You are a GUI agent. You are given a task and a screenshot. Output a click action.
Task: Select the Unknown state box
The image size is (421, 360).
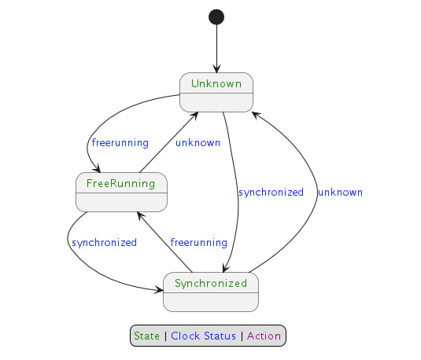pyautogui.click(x=216, y=92)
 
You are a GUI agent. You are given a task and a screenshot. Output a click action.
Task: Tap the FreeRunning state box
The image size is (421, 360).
pyautogui.click(x=122, y=192)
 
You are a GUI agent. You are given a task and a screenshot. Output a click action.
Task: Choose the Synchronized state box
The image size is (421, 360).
pyautogui.click(x=211, y=291)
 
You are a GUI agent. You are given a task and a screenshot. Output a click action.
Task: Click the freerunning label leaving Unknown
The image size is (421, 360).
pyautogui.click(x=120, y=143)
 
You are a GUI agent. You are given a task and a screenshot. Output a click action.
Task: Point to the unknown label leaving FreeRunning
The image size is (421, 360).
pyautogui.click(x=198, y=143)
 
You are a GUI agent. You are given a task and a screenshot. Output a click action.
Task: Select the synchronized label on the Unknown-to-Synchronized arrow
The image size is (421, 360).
pyautogui.click(x=271, y=192)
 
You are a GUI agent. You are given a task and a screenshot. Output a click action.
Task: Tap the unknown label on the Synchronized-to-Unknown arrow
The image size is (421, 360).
pyautogui.click(x=340, y=192)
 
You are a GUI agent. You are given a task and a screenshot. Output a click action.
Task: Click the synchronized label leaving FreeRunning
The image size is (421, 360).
pyautogui.click(x=104, y=242)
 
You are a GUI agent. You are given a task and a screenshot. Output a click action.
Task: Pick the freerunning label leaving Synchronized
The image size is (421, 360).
pyautogui.click(x=199, y=242)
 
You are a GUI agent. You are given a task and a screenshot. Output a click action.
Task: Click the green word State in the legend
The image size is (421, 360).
pyautogui.click(x=146, y=336)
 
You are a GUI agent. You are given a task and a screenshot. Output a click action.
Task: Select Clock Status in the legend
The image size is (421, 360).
pyautogui.click(x=203, y=336)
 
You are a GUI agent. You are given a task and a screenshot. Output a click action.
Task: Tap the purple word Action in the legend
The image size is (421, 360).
pyautogui.click(x=264, y=336)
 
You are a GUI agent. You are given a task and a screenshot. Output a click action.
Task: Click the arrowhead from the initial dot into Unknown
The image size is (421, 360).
pyautogui.click(x=216, y=69)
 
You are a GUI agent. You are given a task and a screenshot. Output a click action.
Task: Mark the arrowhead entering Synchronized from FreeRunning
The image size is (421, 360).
pyautogui.click(x=159, y=288)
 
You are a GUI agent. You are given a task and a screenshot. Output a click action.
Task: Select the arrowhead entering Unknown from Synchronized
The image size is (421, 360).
pyautogui.click(x=255, y=113)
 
